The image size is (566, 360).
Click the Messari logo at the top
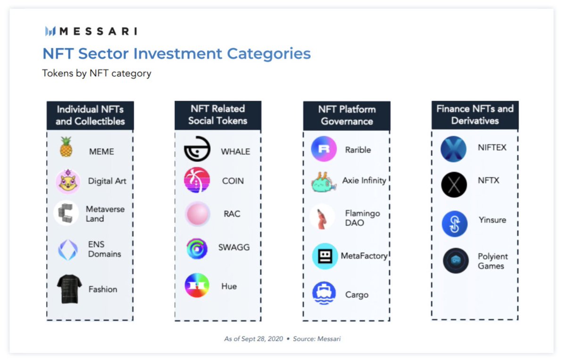point(91,32)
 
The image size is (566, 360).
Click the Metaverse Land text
point(105,214)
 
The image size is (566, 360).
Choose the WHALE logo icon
point(197,150)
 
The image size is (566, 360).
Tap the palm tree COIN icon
point(197,180)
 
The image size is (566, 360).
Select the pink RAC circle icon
point(197,214)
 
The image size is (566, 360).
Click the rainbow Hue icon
point(197,285)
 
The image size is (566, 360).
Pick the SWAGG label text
point(234,247)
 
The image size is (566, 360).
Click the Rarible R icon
point(324,149)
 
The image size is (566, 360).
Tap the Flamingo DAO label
point(362,218)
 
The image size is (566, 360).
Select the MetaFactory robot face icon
point(325,256)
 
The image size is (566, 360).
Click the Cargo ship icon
point(324,293)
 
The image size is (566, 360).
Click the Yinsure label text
point(492,220)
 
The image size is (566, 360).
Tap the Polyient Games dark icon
point(456,260)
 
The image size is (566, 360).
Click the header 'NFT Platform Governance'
point(347,115)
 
